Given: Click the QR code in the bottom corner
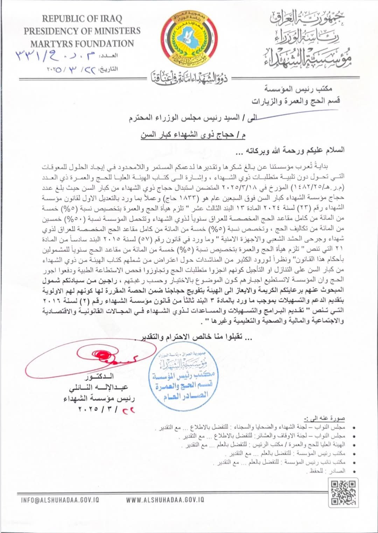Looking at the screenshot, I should coord(343,492).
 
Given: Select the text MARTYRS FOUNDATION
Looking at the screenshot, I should coord(82,44).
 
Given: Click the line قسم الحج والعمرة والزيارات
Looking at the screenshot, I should coord(296,101).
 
